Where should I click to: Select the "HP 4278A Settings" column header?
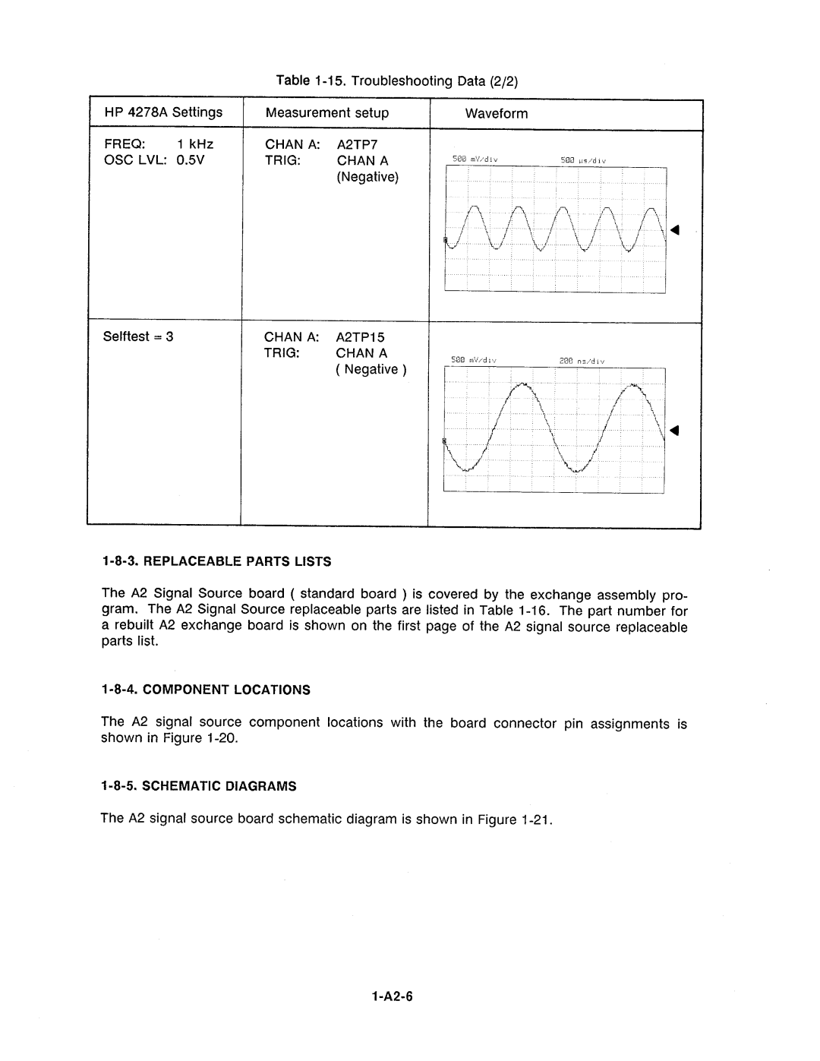[163, 112]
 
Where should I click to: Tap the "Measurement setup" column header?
[327, 113]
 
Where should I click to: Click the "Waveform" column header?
[497, 114]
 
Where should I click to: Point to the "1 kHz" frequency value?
[195, 144]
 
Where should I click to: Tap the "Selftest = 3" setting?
[138, 336]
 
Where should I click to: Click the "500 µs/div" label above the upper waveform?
[582, 160]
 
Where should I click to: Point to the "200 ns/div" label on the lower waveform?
[581, 361]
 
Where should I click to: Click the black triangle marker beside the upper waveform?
[673, 229]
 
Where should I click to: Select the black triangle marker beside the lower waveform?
[673, 431]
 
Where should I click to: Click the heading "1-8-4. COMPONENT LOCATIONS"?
[207, 690]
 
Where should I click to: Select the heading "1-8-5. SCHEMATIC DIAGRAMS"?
[199, 787]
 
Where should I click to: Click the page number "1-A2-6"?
[392, 998]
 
